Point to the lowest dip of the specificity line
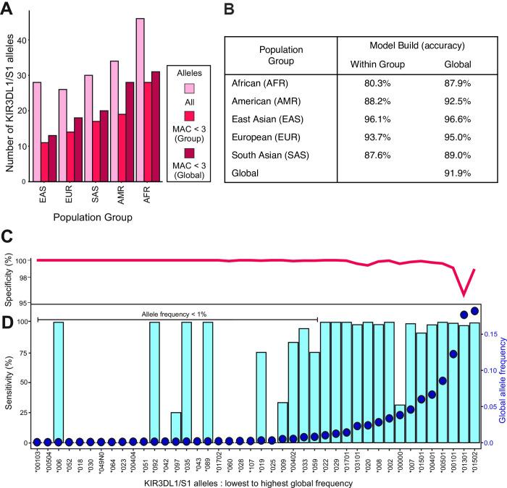pyautogui.click(x=464, y=296)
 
